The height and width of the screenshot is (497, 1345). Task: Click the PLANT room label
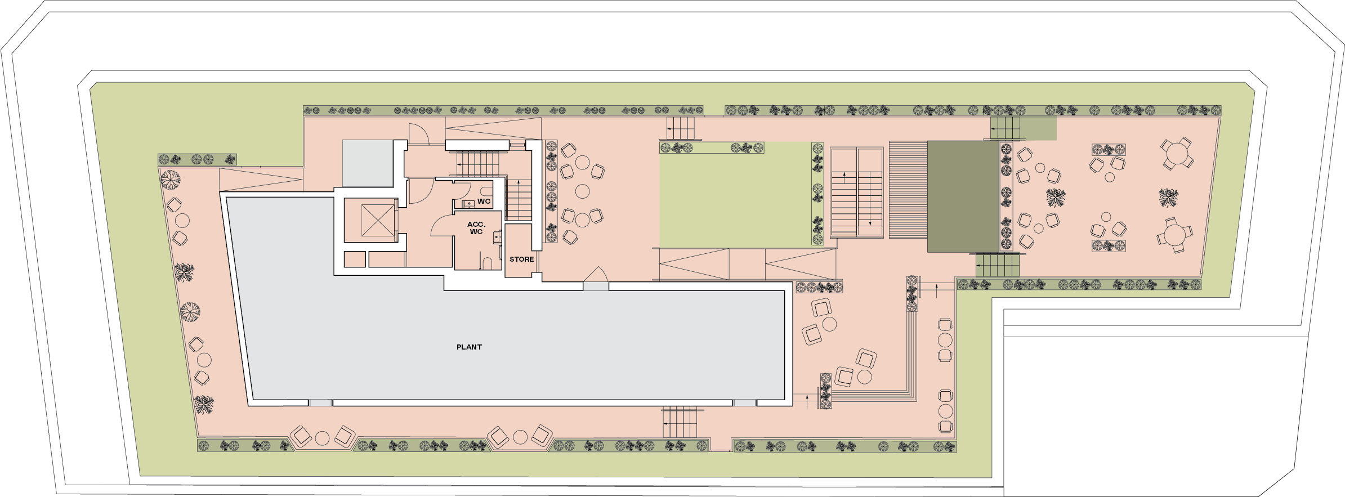point(469,347)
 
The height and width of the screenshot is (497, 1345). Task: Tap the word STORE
point(521,259)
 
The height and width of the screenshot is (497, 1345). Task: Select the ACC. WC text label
point(476,228)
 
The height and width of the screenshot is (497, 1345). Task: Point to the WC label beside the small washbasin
point(484,202)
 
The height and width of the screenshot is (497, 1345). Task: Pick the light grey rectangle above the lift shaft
point(367,163)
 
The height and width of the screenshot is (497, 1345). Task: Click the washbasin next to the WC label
point(468,204)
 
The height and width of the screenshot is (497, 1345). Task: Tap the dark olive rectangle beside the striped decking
point(963,196)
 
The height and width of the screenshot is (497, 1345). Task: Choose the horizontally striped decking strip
point(908,190)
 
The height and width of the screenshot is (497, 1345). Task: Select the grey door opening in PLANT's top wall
point(596,286)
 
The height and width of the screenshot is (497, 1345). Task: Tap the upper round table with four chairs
point(1177,154)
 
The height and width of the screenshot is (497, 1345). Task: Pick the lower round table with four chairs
point(1175,235)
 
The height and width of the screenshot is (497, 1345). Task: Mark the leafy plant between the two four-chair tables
point(1168,198)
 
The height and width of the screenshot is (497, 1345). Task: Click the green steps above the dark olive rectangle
point(1006,128)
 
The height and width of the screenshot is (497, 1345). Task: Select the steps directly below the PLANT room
point(680,422)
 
